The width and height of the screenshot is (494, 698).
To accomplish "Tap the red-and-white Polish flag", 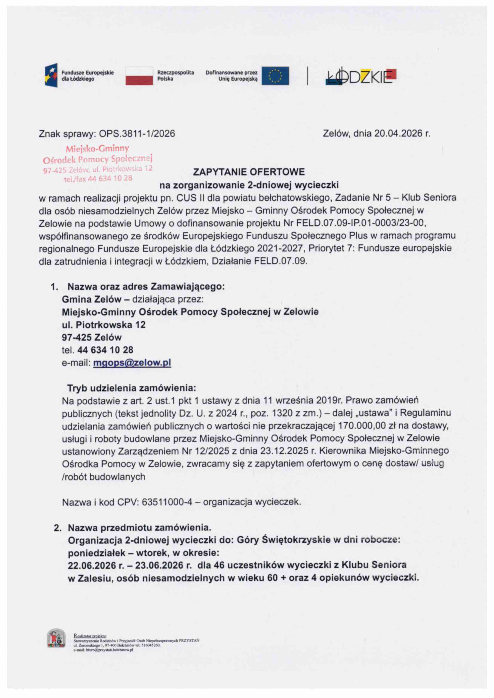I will click(139, 76).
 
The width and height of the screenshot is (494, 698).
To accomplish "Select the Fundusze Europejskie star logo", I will click(51, 75).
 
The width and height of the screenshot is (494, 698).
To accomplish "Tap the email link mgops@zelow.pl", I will click(132, 363).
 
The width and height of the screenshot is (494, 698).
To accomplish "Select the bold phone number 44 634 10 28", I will click(105, 350).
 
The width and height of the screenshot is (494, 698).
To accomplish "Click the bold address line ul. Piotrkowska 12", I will click(104, 325).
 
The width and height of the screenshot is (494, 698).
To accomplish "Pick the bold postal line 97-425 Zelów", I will click(92, 337).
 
